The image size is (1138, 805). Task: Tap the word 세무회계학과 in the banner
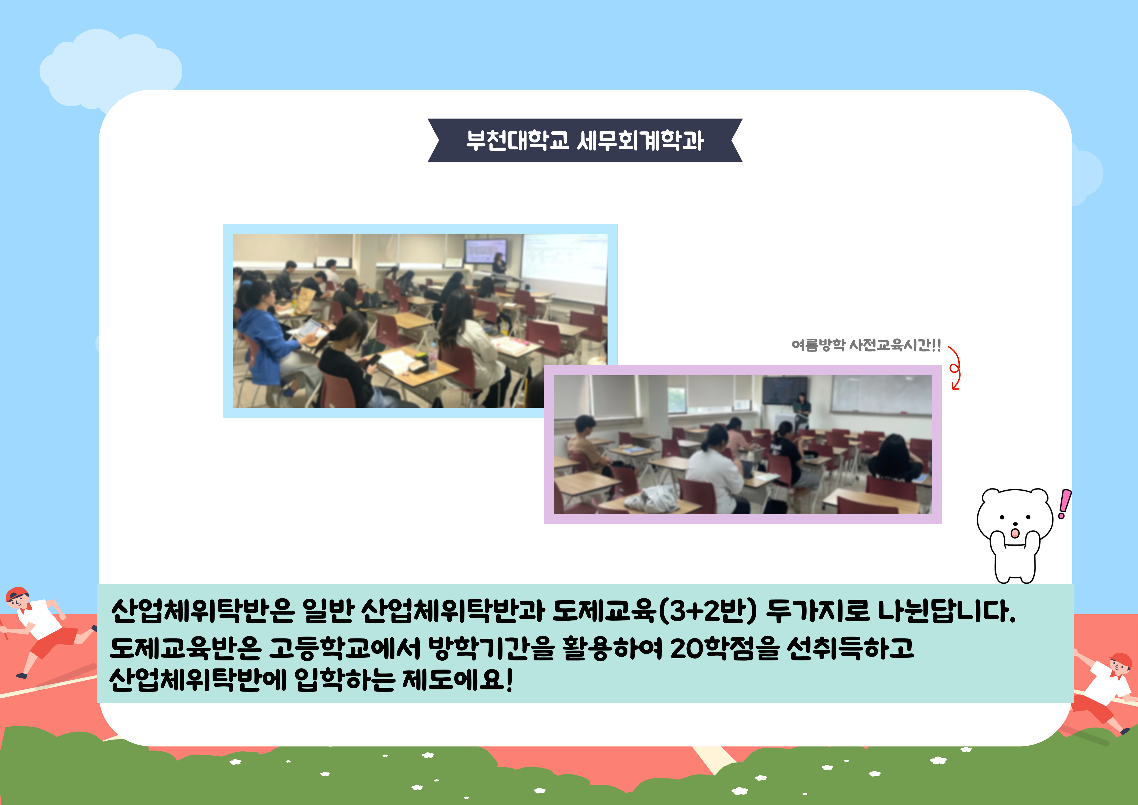(x=640, y=140)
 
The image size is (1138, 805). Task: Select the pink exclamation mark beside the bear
(x=1064, y=503)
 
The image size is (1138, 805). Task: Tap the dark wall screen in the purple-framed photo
(x=785, y=390)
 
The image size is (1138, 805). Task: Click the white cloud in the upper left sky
(x=110, y=69)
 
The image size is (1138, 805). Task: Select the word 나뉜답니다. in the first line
(x=947, y=611)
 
